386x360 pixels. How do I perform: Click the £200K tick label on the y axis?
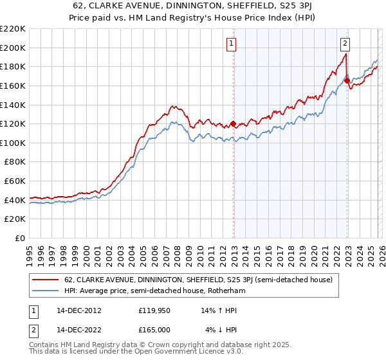[x=13, y=48]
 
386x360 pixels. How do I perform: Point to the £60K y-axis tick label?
[x=15, y=181]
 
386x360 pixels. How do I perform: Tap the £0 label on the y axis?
[x=20, y=239]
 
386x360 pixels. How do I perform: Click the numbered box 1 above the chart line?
[x=231, y=44]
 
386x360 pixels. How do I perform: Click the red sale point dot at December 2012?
[x=233, y=123]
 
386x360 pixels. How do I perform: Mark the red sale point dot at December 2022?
[x=347, y=80]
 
